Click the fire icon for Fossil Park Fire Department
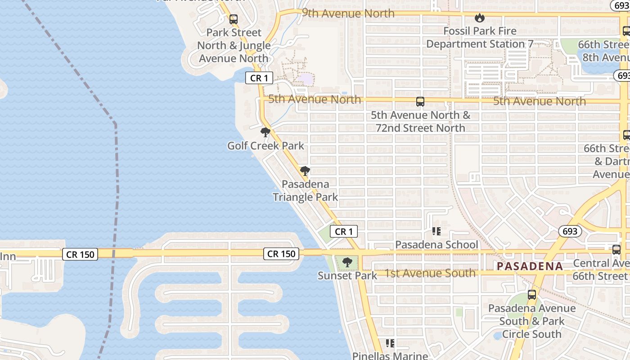pyautogui.click(x=480, y=18)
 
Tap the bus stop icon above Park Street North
pyautogui.click(x=233, y=19)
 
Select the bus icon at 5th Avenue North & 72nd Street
pyautogui.click(x=420, y=102)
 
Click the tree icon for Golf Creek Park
pyautogui.click(x=265, y=132)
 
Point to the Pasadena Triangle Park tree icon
pyautogui.click(x=305, y=171)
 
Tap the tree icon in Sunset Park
pyautogui.click(x=346, y=262)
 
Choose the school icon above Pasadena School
pyautogui.click(x=436, y=231)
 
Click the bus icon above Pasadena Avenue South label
pyautogui.click(x=531, y=295)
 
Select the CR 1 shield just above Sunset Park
pyautogui.click(x=344, y=232)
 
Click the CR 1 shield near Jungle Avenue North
pyautogui.click(x=259, y=78)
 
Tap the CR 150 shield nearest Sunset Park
pyautogui.click(x=281, y=254)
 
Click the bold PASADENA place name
pyautogui.click(x=530, y=266)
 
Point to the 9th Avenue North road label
pyautogui.click(x=348, y=13)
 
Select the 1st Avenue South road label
pyautogui.click(x=430, y=273)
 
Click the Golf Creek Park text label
pyautogui.click(x=265, y=146)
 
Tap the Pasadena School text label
pyautogui.click(x=436, y=245)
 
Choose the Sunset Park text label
pyautogui.click(x=347, y=275)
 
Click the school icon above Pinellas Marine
pyautogui.click(x=390, y=344)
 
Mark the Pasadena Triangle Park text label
pyautogui.click(x=305, y=190)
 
